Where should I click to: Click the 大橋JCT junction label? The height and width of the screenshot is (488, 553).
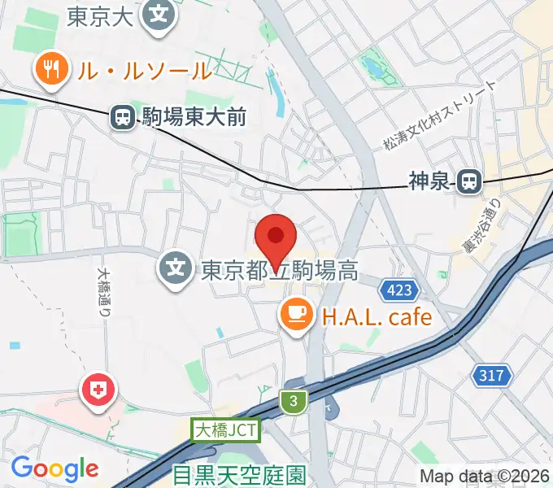(226, 430)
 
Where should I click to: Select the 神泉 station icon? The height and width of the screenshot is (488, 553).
(468, 181)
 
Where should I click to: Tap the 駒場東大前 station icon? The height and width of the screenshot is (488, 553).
(123, 118)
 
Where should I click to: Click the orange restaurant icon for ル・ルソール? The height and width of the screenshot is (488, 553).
(51, 70)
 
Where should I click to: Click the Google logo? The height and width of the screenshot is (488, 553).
(54, 468)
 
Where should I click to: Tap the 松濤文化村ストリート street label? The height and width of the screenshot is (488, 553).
(438, 116)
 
